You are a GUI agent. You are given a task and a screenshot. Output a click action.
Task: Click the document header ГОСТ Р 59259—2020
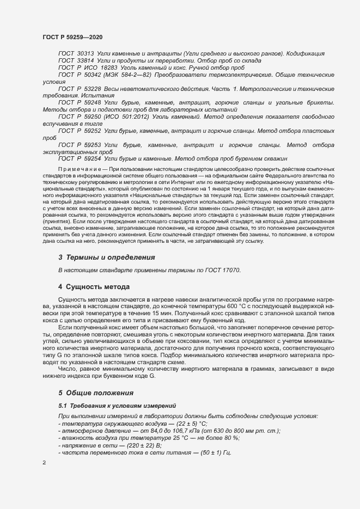tap(72, 37)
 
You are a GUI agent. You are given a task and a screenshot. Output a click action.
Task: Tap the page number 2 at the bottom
tap(44, 463)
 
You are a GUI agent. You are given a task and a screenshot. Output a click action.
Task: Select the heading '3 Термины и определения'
tap(107, 257)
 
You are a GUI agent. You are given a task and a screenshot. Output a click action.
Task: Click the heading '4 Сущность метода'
tap(94, 286)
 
